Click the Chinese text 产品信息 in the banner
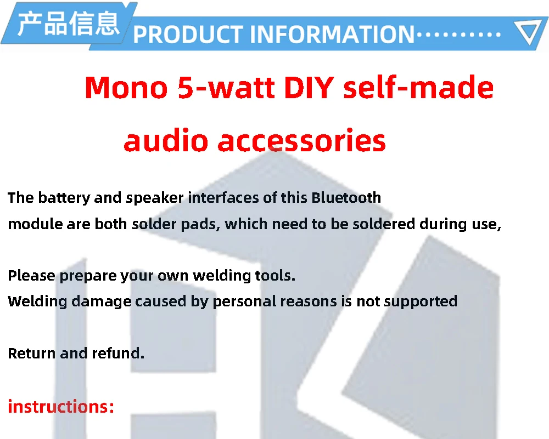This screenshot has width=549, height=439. [69, 24]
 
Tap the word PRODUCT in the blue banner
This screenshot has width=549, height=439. [188, 34]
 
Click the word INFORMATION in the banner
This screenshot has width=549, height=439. [332, 34]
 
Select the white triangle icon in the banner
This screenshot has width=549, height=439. [530, 32]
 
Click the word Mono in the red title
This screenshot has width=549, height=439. [126, 87]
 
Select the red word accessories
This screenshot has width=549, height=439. [302, 140]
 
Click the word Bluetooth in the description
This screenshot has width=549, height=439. [346, 197]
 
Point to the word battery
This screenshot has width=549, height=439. [64, 198]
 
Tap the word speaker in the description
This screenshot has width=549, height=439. [154, 198]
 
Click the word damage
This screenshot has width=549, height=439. [101, 302]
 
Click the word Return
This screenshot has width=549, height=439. [32, 354]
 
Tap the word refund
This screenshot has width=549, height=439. [118, 353]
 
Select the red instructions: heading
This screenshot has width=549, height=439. [61, 407]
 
